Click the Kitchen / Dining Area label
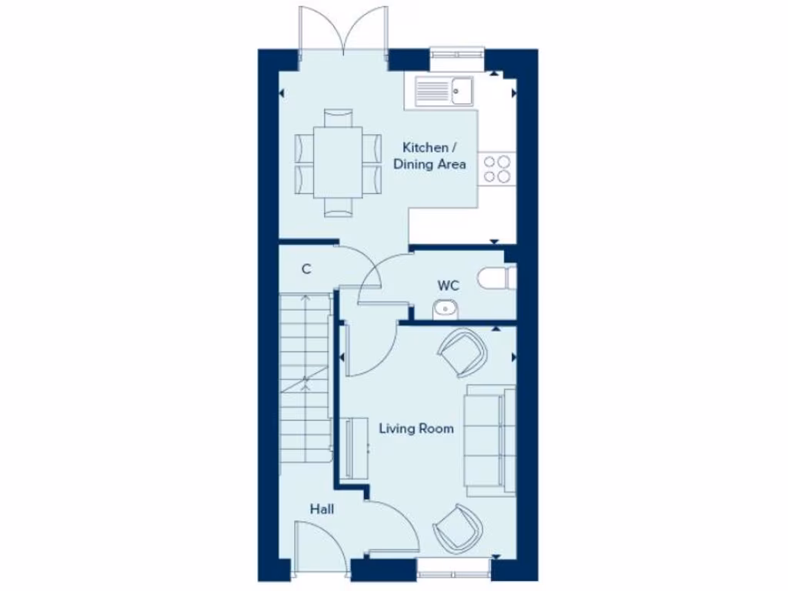click(x=429, y=155)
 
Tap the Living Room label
click(x=416, y=429)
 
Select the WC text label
click(x=449, y=285)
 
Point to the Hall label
click(x=322, y=509)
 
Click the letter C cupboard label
click(x=306, y=269)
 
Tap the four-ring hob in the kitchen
click(x=497, y=169)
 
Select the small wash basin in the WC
click(x=446, y=309)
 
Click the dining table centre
click(x=339, y=163)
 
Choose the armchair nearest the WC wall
click(x=462, y=352)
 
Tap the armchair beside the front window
click(x=459, y=528)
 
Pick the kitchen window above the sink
click(x=457, y=54)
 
